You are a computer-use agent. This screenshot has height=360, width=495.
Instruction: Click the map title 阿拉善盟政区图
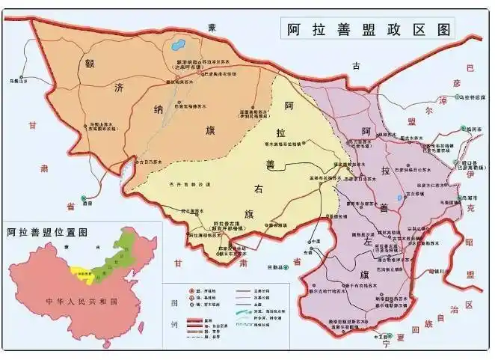[x=369, y=29]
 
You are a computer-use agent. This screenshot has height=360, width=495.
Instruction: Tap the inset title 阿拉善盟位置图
[x=47, y=232]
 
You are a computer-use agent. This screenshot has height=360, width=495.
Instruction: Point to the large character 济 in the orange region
[x=119, y=87]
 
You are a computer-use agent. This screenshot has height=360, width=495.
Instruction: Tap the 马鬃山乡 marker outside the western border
[x=18, y=78]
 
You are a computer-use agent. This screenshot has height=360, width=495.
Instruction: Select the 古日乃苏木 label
[x=151, y=160]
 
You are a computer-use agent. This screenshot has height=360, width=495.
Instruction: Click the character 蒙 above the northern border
[x=212, y=27]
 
